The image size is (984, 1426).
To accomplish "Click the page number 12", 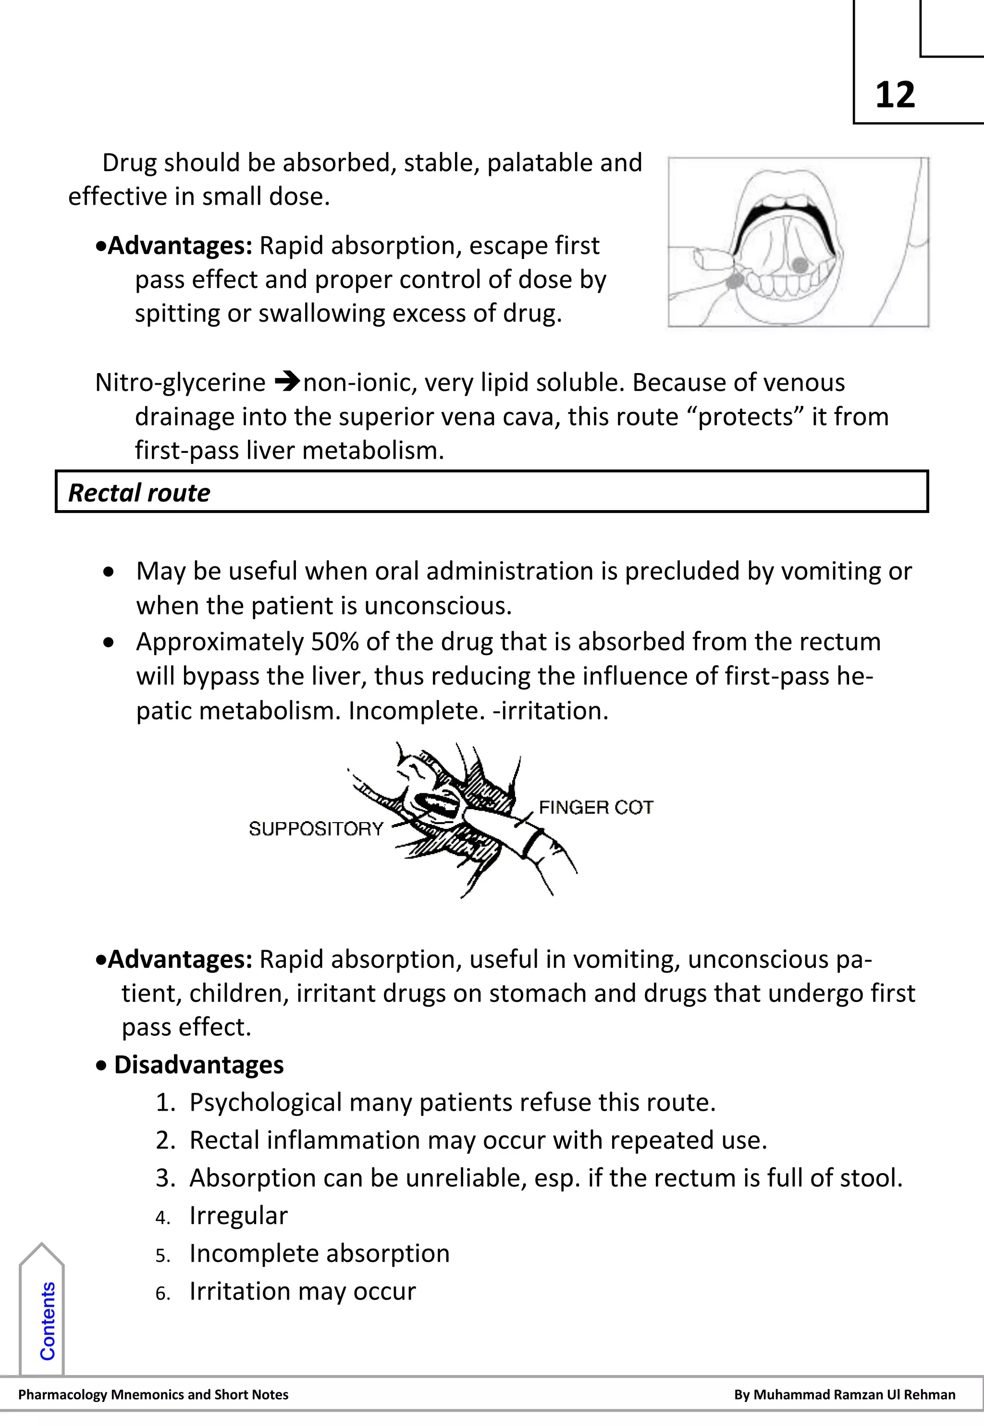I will tap(895, 96).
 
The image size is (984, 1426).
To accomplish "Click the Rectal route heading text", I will tap(139, 493).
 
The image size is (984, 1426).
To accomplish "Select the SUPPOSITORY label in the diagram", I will tap(316, 828).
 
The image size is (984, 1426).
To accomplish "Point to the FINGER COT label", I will tap(596, 807).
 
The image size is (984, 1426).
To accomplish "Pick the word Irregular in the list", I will tap(238, 1216).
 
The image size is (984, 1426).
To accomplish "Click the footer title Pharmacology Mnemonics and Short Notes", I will tap(154, 1394).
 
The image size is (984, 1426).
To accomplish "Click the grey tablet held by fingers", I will tap(734, 282).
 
